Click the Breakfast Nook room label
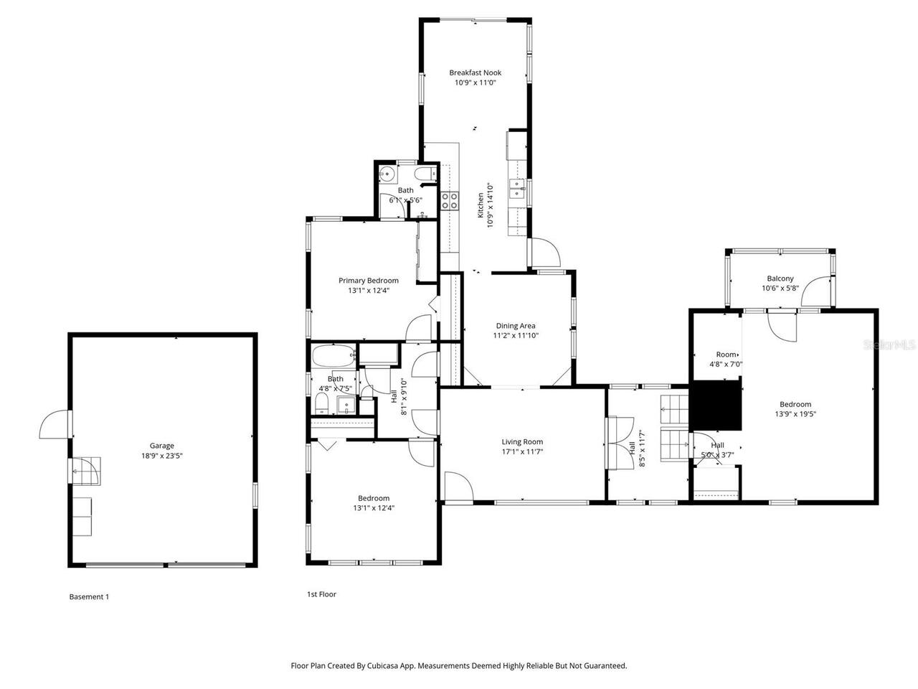[475, 72]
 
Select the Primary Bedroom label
[368, 281]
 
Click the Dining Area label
[515, 326]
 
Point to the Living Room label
[521, 442]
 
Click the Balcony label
[780, 278]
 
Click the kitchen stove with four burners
[450, 201]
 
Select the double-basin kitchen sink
[517, 189]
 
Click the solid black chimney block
[715, 406]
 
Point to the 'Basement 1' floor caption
[89, 596]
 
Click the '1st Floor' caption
[321, 594]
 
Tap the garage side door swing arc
[54, 425]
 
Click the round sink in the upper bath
[387, 173]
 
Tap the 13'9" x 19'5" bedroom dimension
[795, 413]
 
